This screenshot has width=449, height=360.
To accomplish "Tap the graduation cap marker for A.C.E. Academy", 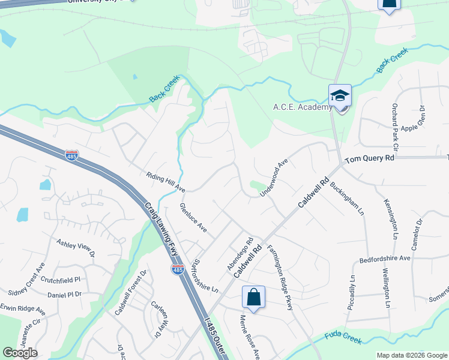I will click(x=340, y=96).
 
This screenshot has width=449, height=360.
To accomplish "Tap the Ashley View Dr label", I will click(x=76, y=248).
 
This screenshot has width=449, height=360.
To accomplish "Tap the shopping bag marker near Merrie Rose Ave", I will click(x=253, y=298).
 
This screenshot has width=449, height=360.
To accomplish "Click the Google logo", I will click(x=20, y=353).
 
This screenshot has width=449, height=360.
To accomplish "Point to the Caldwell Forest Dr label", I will click(x=131, y=292).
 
